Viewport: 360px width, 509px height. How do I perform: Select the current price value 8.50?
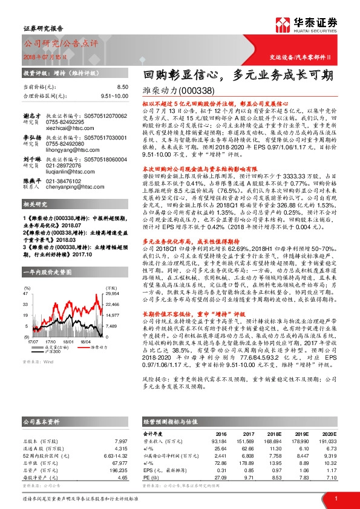(123, 88)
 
